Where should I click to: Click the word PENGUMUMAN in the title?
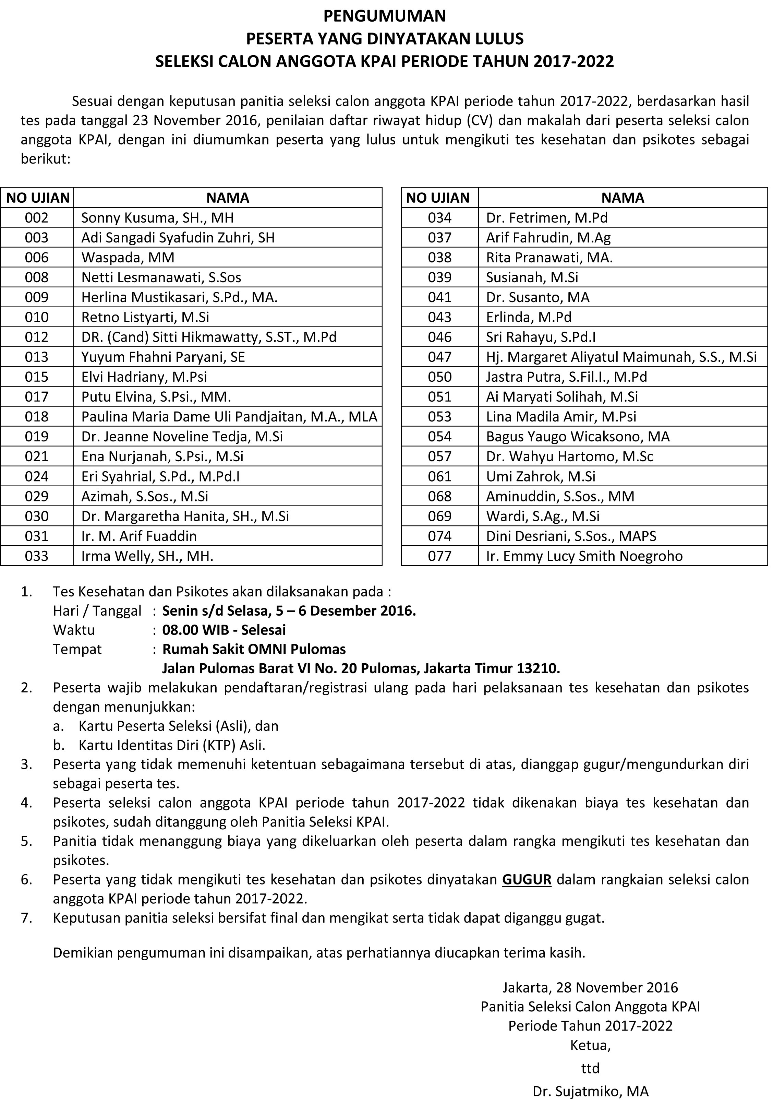tap(385, 16)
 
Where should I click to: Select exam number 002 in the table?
tap(37, 218)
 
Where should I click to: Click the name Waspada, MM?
tap(128, 258)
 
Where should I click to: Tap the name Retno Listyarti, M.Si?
tap(145, 317)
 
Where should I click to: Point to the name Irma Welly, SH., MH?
tap(147, 556)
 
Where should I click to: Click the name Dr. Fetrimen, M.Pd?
tap(546, 218)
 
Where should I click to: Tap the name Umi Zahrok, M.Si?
tap(540, 476)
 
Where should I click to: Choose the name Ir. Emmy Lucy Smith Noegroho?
tap(584, 556)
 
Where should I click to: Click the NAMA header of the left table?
tap(228, 198)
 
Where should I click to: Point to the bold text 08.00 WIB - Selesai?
tap(224, 630)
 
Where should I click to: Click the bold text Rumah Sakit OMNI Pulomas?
tap(254, 649)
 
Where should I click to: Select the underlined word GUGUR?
tap(527, 879)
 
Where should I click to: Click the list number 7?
tap(26, 918)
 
